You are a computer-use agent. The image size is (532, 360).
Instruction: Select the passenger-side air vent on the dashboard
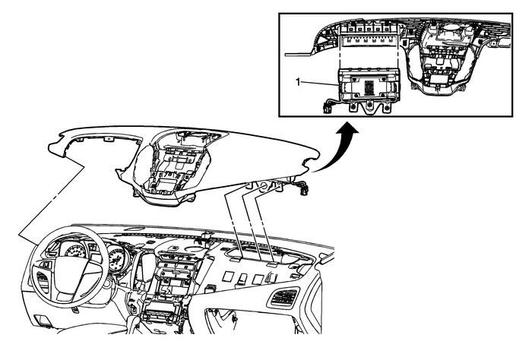pyautogui.click(x=284, y=298)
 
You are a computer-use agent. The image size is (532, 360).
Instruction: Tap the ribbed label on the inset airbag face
pyautogui.click(x=369, y=85)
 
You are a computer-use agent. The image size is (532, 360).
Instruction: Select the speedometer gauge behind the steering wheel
pyautogui.click(x=77, y=252)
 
